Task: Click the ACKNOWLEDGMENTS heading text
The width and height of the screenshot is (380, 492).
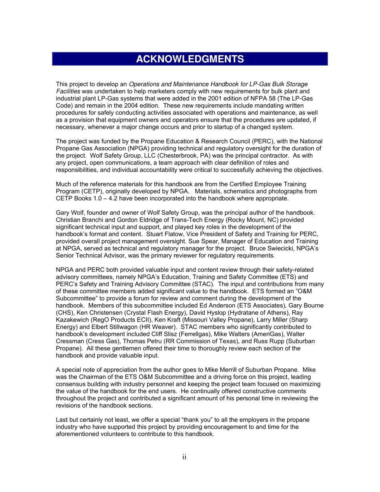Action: click(190, 59)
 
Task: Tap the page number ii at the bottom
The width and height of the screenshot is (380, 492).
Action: click(184, 457)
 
